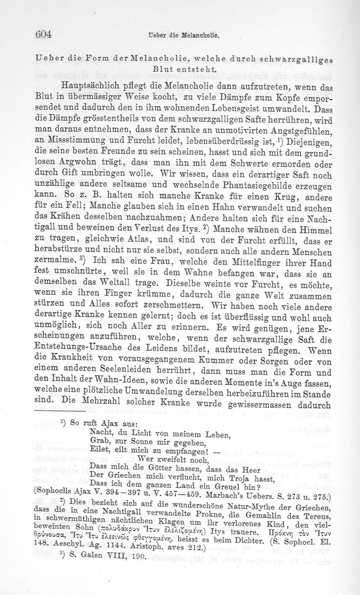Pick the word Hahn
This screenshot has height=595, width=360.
[217, 208]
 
